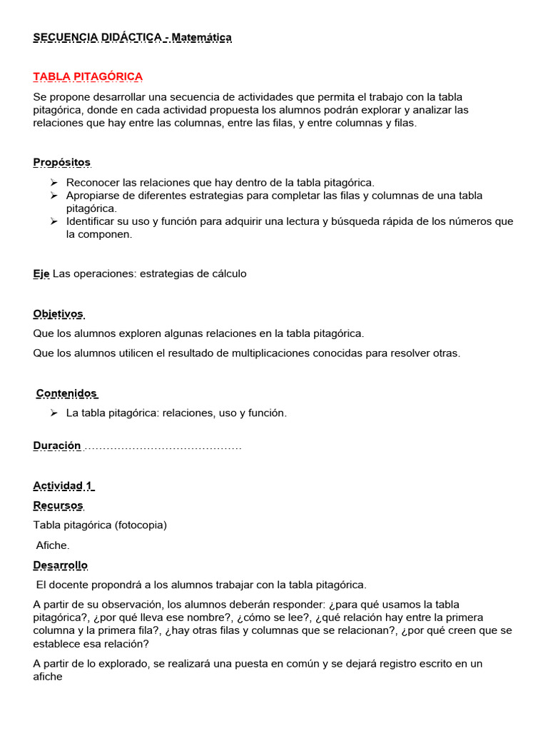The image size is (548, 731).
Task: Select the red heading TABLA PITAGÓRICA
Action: [x=88, y=76]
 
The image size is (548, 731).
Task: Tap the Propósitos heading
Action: [x=61, y=163]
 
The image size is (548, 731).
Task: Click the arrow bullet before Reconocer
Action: [x=54, y=182]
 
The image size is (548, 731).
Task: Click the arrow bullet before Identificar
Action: [x=54, y=222]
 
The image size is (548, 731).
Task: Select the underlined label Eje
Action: [x=41, y=274]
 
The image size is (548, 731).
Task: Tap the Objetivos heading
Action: [x=59, y=314]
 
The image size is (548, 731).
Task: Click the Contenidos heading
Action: [x=66, y=393]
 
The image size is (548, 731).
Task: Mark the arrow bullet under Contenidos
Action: [x=54, y=413]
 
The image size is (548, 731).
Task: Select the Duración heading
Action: [x=57, y=445]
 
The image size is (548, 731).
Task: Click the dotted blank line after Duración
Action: [x=163, y=447]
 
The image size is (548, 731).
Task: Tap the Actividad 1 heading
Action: [x=63, y=486]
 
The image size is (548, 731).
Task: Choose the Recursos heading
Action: [x=59, y=505]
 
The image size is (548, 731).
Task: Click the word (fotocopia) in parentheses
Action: [x=140, y=525]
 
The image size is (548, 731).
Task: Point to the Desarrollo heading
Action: [x=60, y=565]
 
